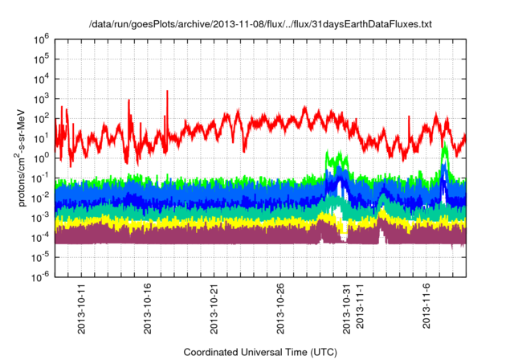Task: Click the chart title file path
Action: click(x=260, y=25)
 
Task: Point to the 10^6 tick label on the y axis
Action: click(x=43, y=39)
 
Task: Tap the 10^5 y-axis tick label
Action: click(x=43, y=59)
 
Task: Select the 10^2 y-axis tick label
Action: click(x=43, y=117)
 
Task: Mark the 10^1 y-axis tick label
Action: click(x=43, y=137)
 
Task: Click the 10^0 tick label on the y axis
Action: click(x=43, y=157)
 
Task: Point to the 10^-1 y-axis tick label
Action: click(x=42, y=177)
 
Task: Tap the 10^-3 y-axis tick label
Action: click(x=42, y=216)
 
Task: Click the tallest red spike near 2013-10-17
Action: click(x=167, y=92)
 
